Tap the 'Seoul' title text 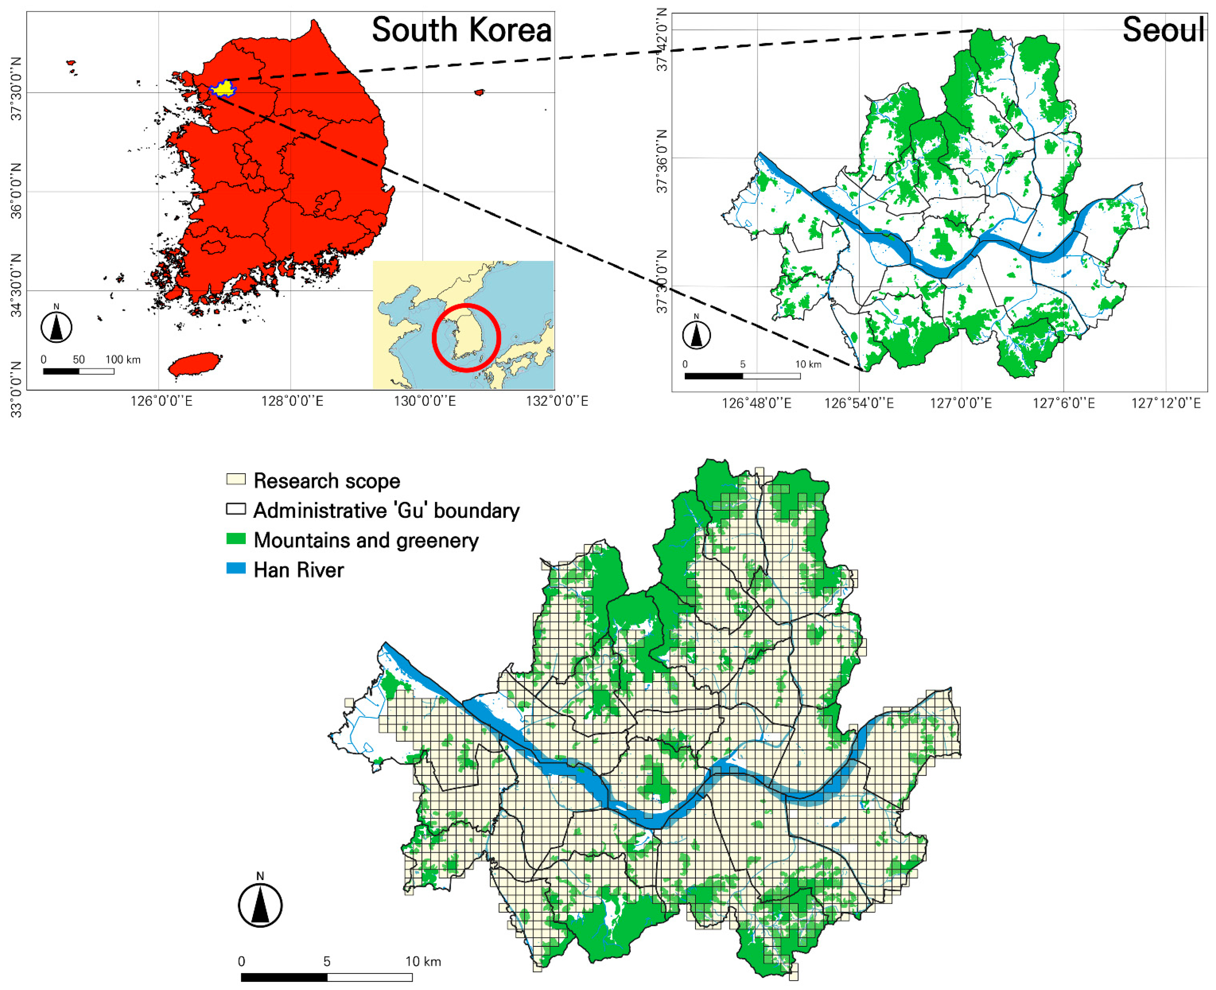1163,30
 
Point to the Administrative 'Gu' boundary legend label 386,510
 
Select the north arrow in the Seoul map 696,335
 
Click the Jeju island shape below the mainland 195,363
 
